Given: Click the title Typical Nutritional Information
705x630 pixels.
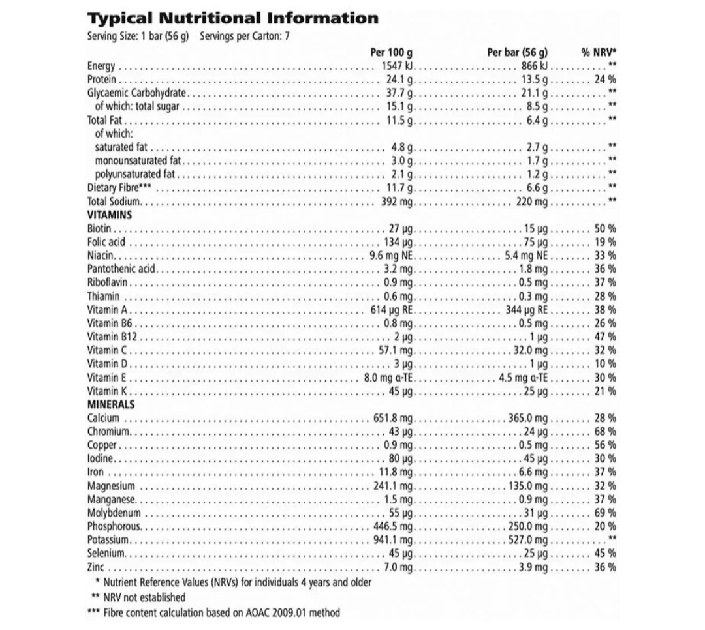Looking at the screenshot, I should [232, 18].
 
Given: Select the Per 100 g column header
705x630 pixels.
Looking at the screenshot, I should [391, 53].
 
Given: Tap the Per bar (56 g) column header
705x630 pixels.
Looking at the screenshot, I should [517, 53].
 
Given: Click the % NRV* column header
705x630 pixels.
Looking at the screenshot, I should [599, 53].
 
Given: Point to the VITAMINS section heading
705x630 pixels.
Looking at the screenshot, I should [110, 215].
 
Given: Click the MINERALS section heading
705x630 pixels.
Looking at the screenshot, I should [111, 404].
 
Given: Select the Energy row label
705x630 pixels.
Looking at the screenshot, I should [101, 66].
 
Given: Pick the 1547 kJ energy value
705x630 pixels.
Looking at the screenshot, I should [398, 66].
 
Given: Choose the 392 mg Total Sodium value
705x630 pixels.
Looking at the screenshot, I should [398, 202].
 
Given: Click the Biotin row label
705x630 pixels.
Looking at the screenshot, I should [99, 228].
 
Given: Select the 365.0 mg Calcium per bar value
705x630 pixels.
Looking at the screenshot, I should [528, 418].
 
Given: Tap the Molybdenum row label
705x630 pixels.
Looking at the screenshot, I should [114, 513].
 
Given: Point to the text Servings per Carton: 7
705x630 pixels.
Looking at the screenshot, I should [244, 36].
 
